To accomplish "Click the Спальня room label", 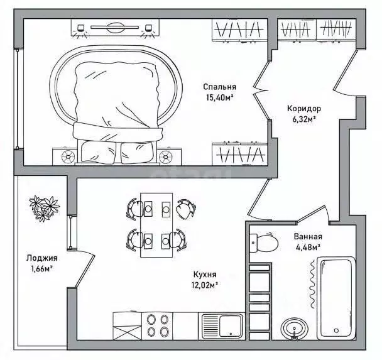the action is click(219, 87).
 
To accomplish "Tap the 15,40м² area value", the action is click(220, 98).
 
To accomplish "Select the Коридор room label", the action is click(304, 109).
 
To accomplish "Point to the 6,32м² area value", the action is click(304, 119).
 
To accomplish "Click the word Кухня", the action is click(205, 275).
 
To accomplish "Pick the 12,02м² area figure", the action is click(205, 285).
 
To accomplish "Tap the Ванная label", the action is click(308, 236).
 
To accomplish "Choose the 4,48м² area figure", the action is click(308, 248).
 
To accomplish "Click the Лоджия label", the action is click(42, 258).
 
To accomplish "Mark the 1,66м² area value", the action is click(42, 269).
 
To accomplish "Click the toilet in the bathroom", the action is click(264, 243).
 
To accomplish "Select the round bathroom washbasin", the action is click(294, 328).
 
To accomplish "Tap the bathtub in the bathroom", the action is click(336, 298).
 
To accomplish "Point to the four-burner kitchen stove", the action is click(157, 325).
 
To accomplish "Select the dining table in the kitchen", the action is click(156, 225).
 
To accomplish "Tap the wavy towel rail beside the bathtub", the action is click(312, 284).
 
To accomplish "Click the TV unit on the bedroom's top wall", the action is click(115, 28).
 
